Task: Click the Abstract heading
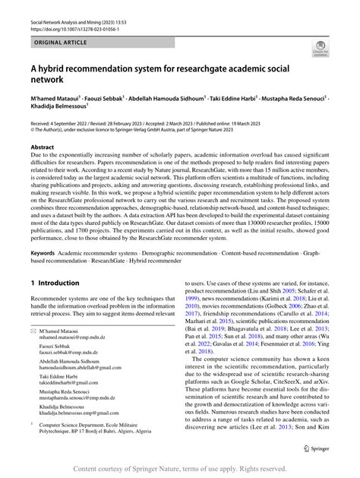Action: (42, 146)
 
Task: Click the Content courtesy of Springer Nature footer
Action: (180, 470)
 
